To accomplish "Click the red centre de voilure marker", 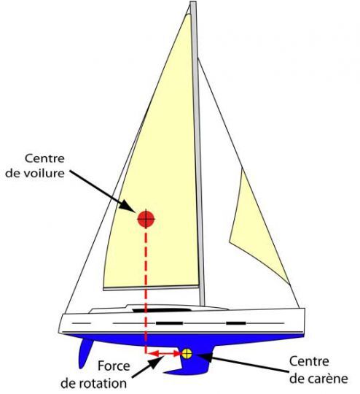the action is [x=146, y=219].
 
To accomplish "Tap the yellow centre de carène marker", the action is [x=187, y=354].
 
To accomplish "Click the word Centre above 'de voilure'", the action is [x=44, y=158].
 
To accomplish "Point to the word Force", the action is [x=114, y=366].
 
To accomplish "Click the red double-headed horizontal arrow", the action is [x=165, y=354].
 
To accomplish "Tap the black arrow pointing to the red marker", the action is [x=103, y=191].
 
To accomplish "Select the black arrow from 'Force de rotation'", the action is [x=148, y=367].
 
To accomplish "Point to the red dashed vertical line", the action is [x=146, y=291].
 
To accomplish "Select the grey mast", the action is [x=197, y=153].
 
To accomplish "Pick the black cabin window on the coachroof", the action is [x=162, y=310].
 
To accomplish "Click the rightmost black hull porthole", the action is [x=236, y=323].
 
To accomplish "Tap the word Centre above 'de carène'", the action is [x=309, y=362].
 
